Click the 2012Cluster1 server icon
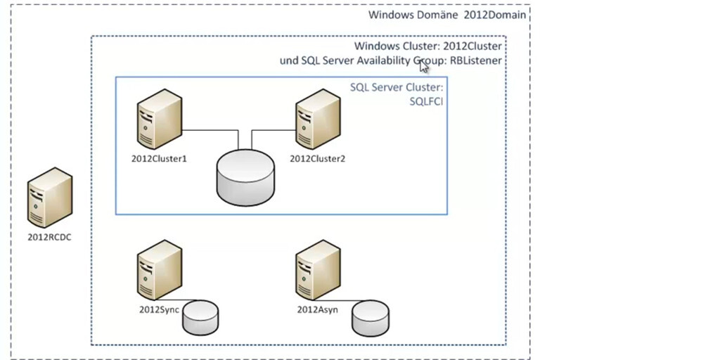[159, 118]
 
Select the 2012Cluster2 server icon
[318, 118]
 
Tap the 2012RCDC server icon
[49, 198]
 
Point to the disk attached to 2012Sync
[200, 317]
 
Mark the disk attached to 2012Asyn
[371, 317]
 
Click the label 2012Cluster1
[159, 158]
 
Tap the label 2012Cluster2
[318, 158]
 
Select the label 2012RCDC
[49, 237]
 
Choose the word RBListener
[476, 61]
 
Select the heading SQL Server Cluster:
[397, 88]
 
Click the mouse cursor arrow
[424, 66]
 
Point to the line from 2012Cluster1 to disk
[211, 130]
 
